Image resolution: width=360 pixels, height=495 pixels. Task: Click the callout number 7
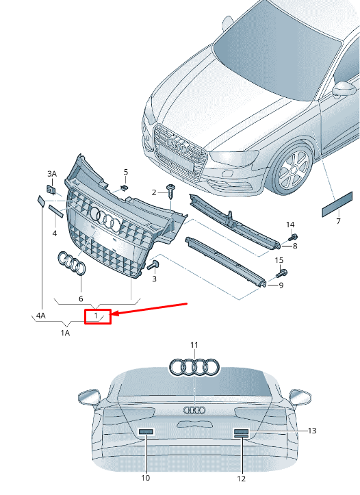337,222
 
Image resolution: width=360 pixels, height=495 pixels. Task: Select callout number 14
290,225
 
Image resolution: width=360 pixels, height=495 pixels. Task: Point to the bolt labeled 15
281,273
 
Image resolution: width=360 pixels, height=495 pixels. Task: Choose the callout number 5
125,172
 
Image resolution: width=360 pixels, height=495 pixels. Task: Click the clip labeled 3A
51,190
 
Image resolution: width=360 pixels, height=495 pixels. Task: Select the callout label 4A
41,316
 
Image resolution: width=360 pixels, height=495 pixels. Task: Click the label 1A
65,333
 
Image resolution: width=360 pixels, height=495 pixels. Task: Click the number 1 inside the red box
97,316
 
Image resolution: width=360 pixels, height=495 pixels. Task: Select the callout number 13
312,431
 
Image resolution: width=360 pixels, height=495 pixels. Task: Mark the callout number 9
280,285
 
